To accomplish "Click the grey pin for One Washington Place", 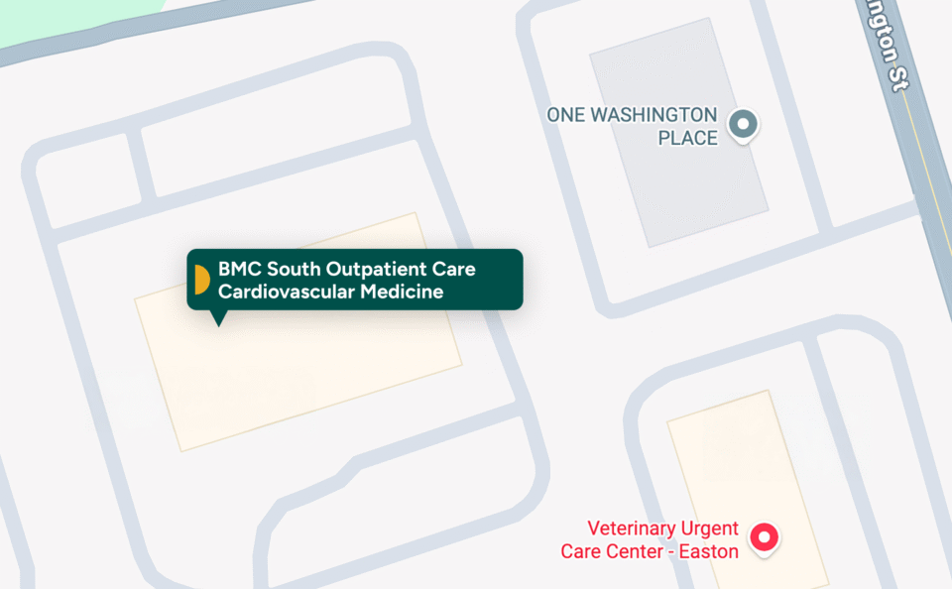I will [x=743, y=125].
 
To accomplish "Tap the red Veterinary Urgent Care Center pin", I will [x=764, y=537].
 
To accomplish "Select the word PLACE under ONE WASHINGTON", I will [x=687, y=138].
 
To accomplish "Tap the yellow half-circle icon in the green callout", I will [x=201, y=280].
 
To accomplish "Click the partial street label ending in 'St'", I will [x=887, y=45].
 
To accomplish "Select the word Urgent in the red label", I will [x=706, y=529].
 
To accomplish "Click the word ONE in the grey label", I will [x=565, y=115].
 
